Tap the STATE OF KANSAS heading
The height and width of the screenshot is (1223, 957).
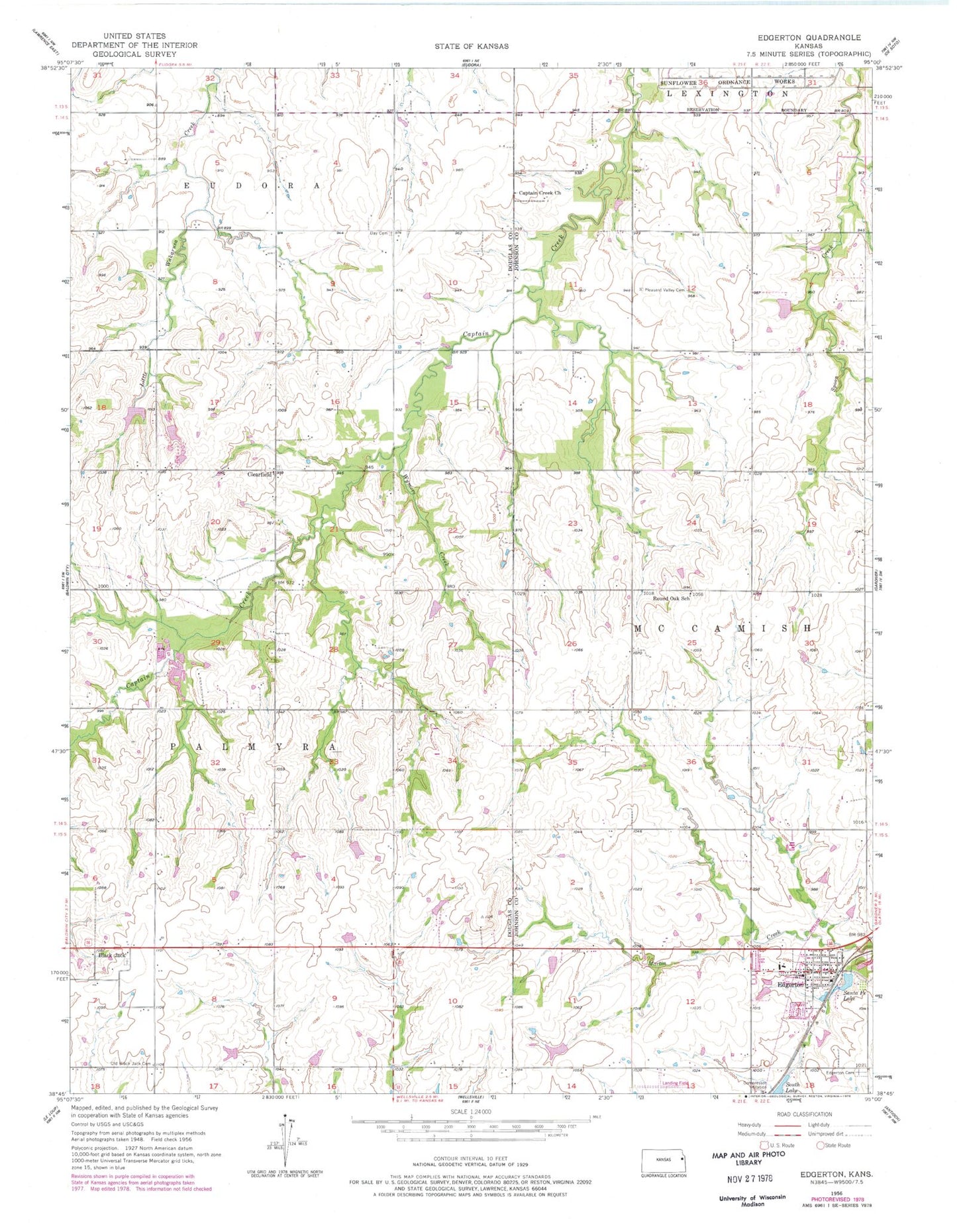(x=472, y=46)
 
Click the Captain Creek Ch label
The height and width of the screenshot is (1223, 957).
(x=539, y=193)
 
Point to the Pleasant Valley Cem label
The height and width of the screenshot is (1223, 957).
(x=663, y=290)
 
